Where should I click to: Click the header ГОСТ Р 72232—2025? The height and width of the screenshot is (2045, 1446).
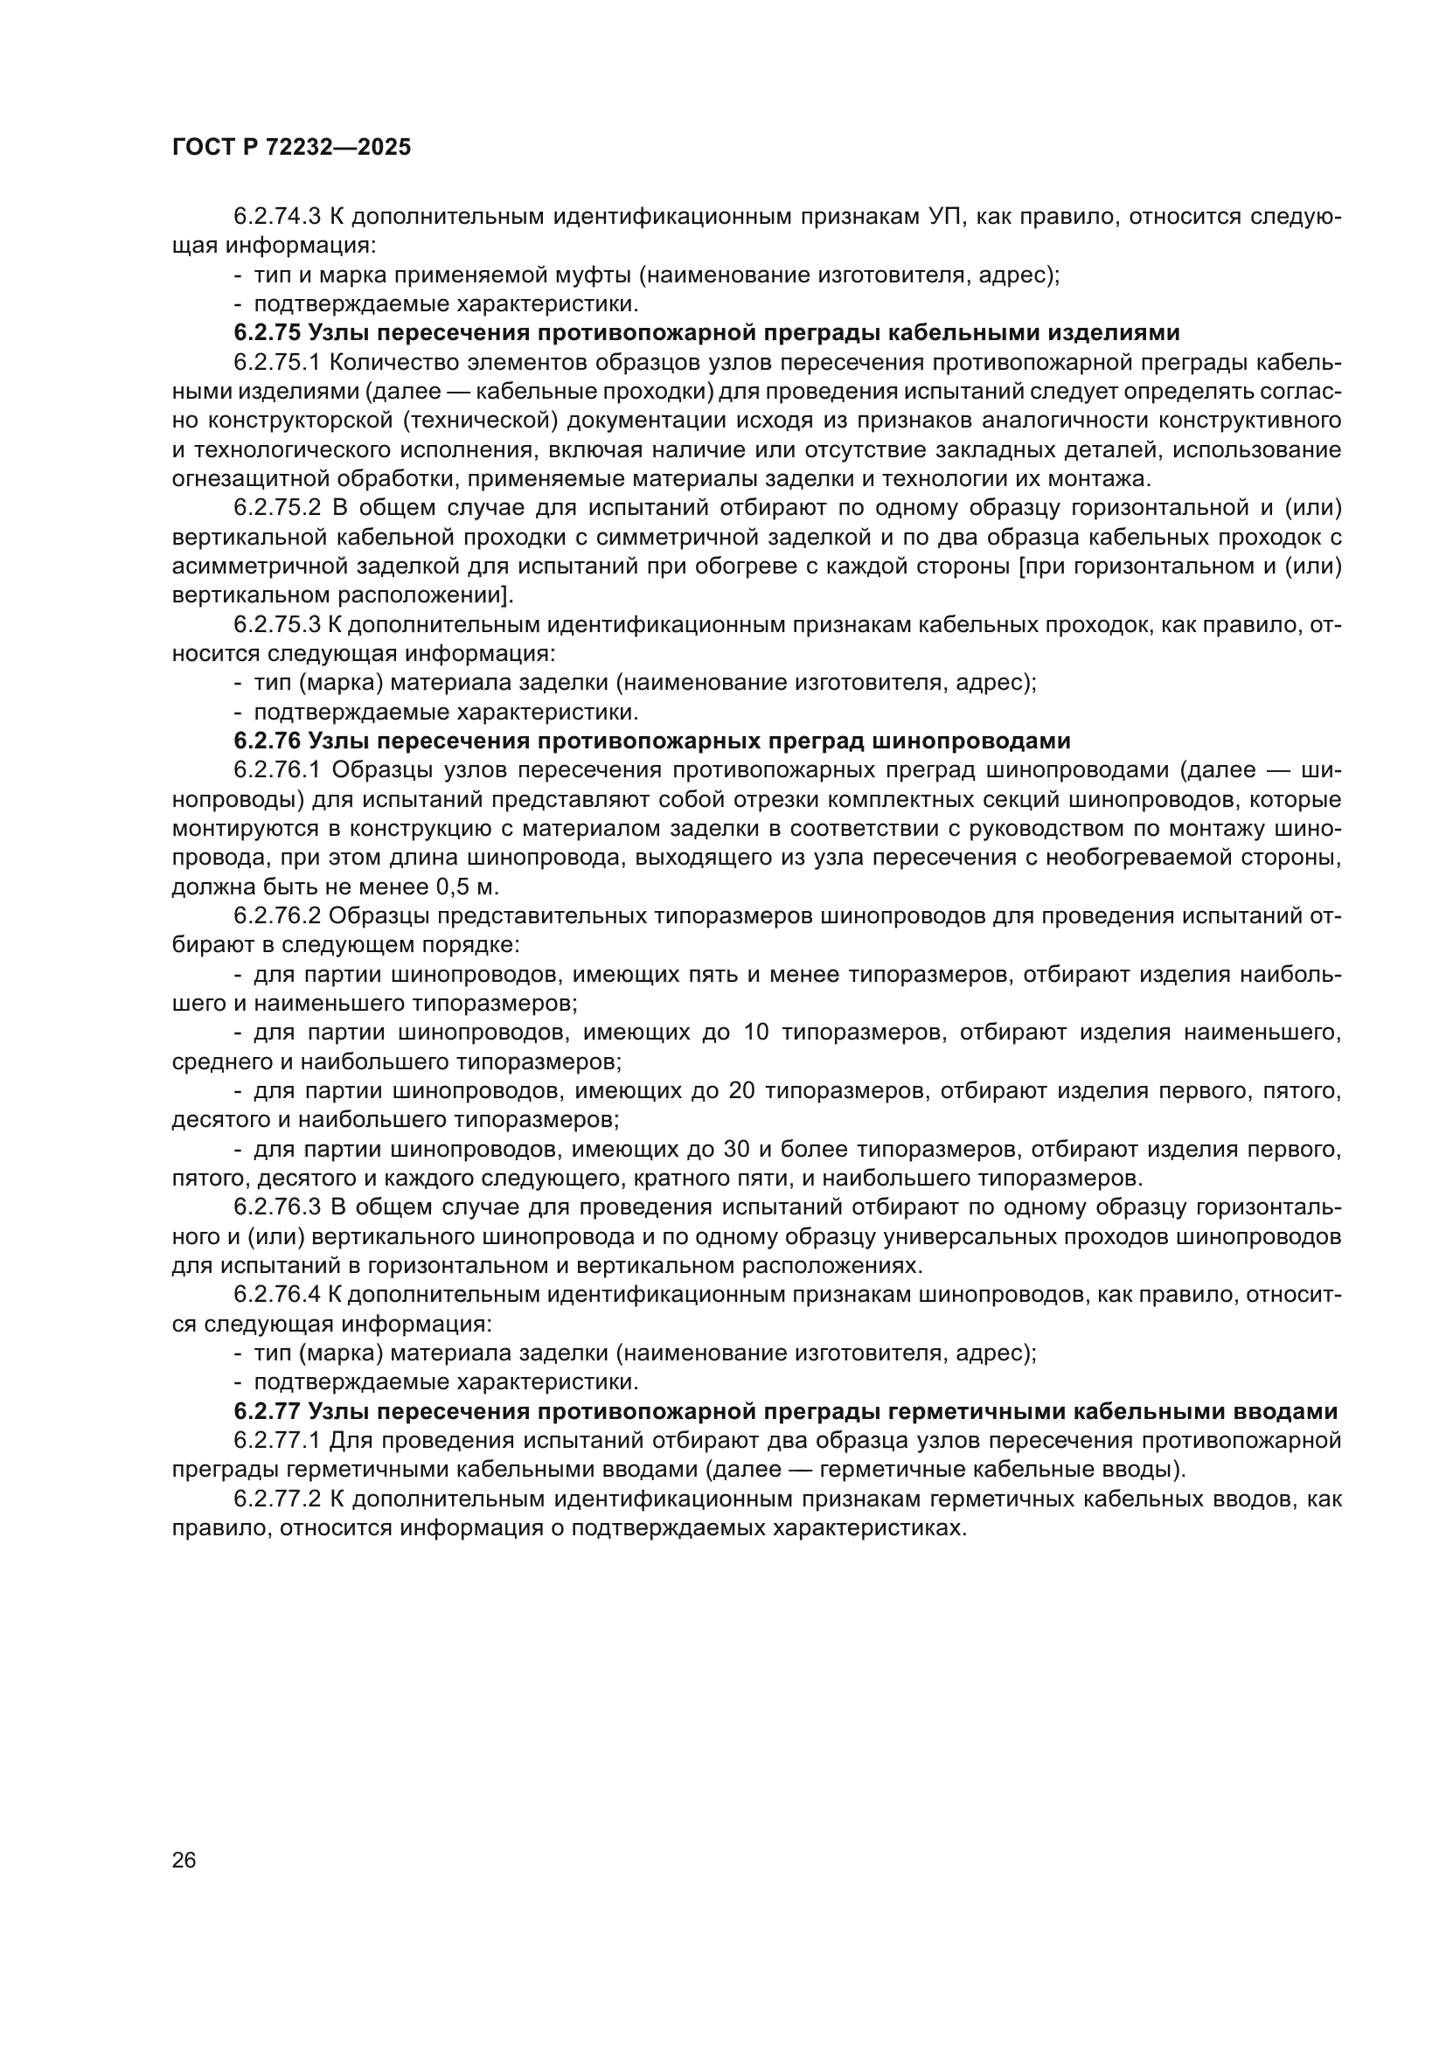291,148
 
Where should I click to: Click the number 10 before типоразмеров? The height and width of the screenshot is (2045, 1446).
755,1033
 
